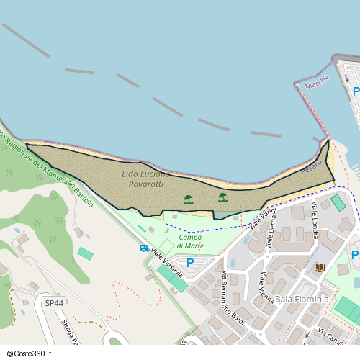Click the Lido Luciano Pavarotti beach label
click(x=146, y=179)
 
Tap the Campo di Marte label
click(x=191, y=241)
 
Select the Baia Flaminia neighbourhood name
click(x=302, y=299)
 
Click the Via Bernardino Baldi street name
click(x=234, y=299)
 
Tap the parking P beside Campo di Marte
click(x=190, y=263)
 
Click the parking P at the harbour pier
click(x=356, y=91)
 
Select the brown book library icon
click(x=319, y=268)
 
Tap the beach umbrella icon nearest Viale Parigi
click(x=223, y=197)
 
